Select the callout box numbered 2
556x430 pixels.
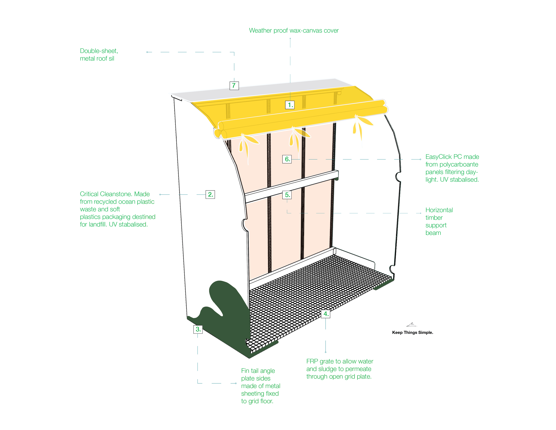pyautogui.click(x=210, y=194)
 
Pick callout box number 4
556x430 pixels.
pyautogui.click(x=326, y=314)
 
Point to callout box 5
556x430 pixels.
pyautogui.click(x=287, y=195)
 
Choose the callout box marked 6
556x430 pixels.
pyautogui.click(x=287, y=159)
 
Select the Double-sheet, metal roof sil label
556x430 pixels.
pyautogui.click(x=99, y=54)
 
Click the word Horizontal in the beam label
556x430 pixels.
pyautogui.click(x=439, y=210)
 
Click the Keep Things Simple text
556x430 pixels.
pyautogui.click(x=412, y=332)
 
